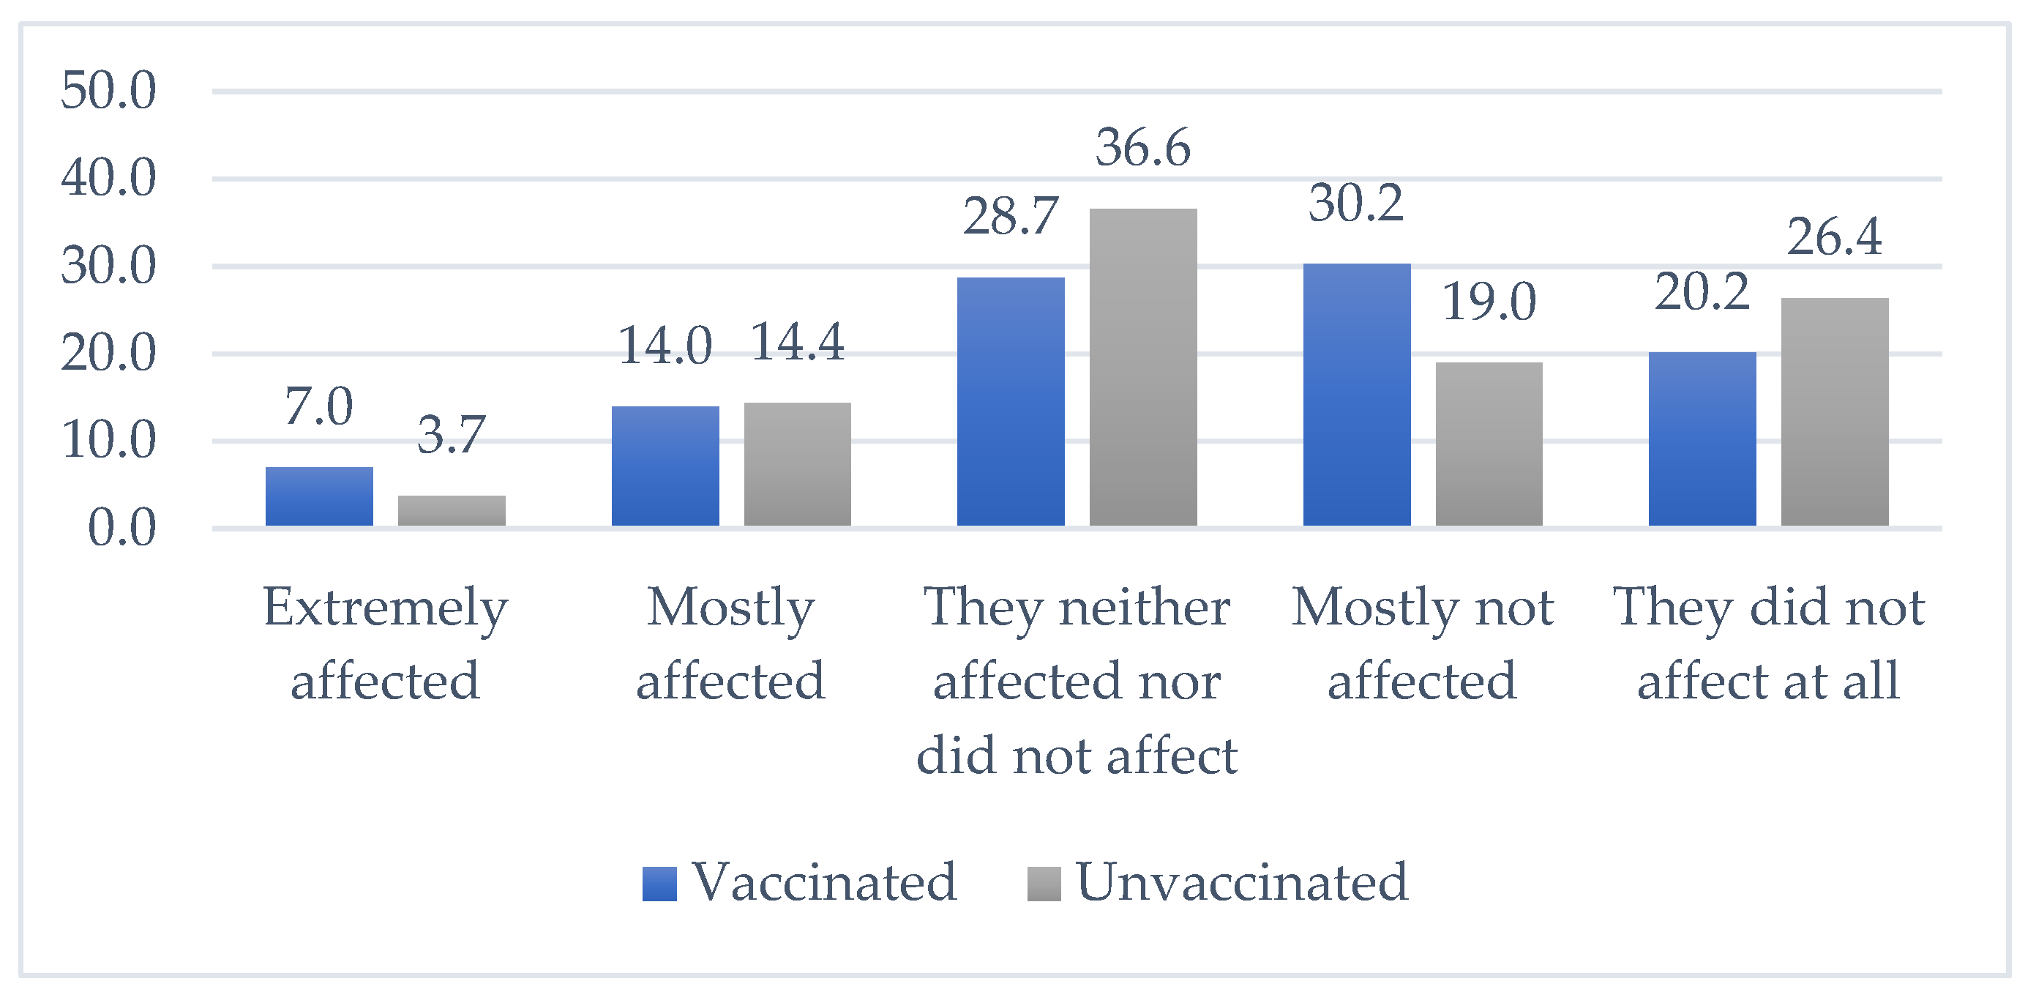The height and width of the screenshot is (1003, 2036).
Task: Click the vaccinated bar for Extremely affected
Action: point(318,496)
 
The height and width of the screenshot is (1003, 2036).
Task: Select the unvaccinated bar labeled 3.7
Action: point(452,510)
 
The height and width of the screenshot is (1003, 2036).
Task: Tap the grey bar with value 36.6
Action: point(1143,368)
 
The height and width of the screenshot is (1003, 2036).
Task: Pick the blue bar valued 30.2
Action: point(1356,395)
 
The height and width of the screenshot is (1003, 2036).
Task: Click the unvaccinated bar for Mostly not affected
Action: point(1489,444)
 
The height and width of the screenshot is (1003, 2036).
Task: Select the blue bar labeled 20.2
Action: point(1702,439)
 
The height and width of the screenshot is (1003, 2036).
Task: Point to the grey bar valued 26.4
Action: point(1835,411)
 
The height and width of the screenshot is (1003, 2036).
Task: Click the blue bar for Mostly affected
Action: point(665,466)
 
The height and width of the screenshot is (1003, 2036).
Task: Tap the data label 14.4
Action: point(797,342)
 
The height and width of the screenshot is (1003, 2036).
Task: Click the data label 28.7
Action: point(1010,216)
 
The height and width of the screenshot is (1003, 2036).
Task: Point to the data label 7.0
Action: point(318,406)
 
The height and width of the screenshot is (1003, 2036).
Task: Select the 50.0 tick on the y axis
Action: point(108,90)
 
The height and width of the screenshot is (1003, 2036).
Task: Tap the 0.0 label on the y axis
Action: point(121,528)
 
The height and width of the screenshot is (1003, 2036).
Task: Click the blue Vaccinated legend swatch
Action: point(659,884)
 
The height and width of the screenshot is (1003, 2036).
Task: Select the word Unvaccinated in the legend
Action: point(1242,882)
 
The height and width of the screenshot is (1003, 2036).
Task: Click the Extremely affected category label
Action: point(385,644)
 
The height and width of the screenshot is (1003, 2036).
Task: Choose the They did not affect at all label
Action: point(1768,644)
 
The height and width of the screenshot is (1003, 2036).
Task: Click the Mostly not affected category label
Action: point(1422,644)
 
